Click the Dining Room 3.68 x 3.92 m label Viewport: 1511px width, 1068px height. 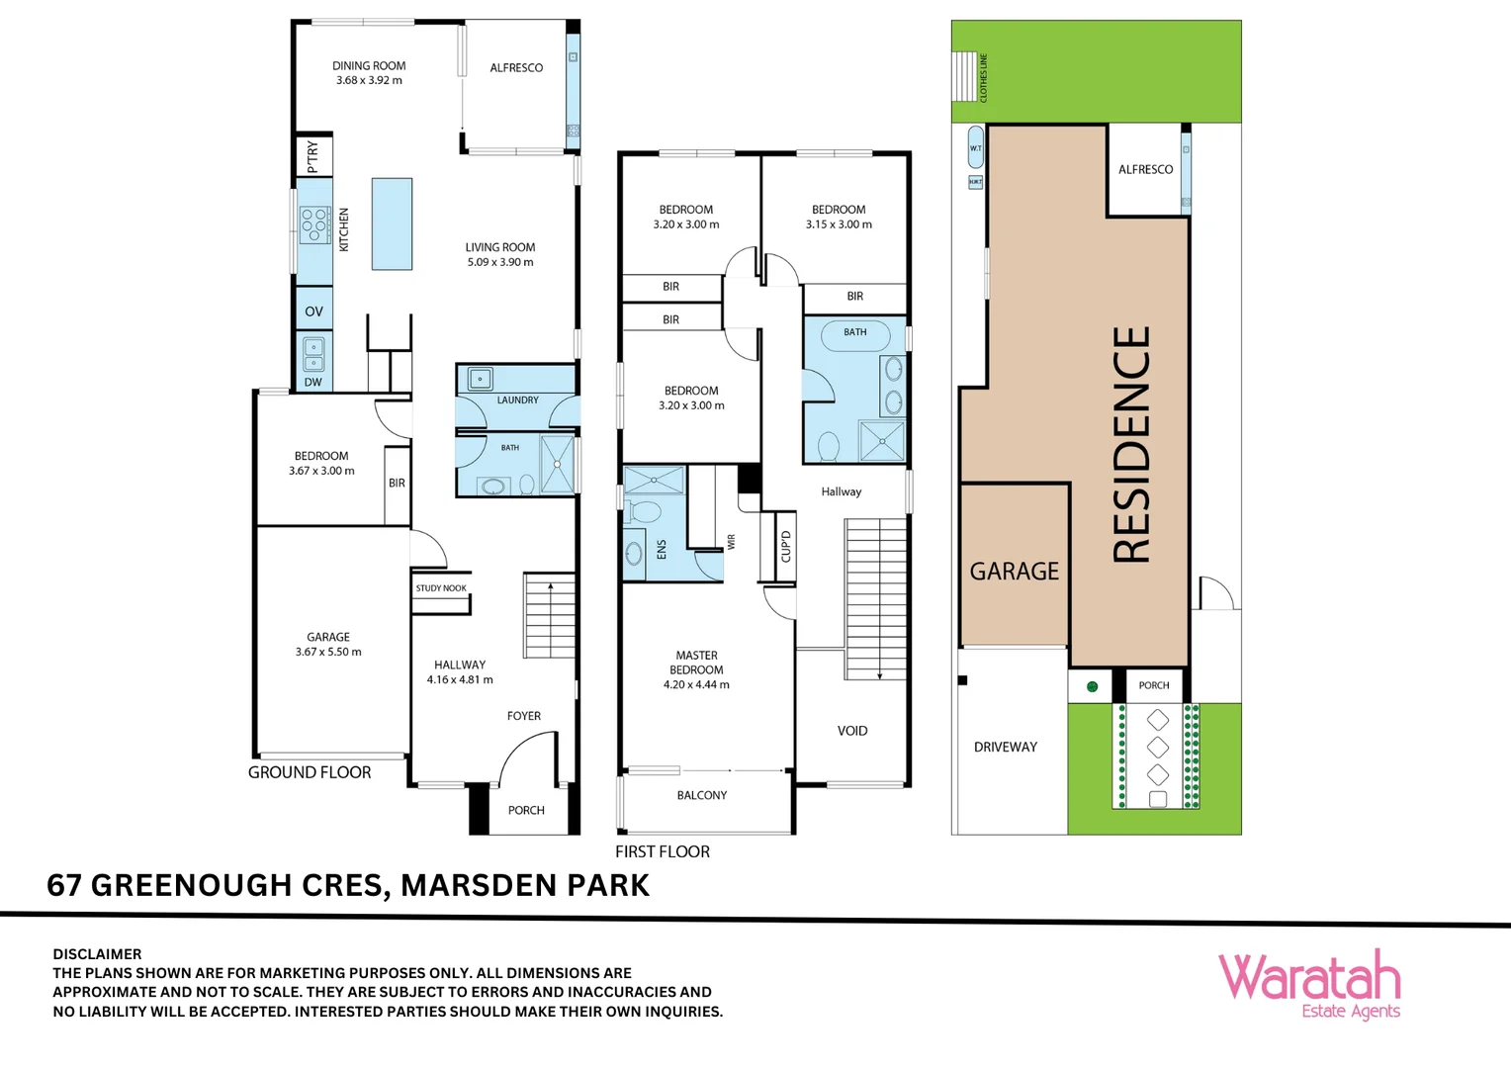point(369,73)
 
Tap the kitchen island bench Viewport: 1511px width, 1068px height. point(392,223)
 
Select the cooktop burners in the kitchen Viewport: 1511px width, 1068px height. point(314,224)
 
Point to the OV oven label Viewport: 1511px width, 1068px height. point(313,311)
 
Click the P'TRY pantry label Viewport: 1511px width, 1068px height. point(313,156)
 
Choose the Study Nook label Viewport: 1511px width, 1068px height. point(441,588)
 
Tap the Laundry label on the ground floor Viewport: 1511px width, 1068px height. point(517,400)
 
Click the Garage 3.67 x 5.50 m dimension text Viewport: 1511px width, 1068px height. point(328,652)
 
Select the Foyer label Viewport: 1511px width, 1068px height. point(524,716)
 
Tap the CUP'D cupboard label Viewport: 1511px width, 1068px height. point(786,546)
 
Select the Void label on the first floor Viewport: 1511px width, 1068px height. point(852,731)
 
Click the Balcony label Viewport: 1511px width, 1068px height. point(702,795)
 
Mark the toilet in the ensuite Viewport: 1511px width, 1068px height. point(645,512)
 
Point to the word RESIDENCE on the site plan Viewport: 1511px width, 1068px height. point(1132,445)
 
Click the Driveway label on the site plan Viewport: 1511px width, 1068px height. point(1006,747)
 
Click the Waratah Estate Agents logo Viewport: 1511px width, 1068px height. point(1309,984)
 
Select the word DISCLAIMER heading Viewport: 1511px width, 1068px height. point(97,954)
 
